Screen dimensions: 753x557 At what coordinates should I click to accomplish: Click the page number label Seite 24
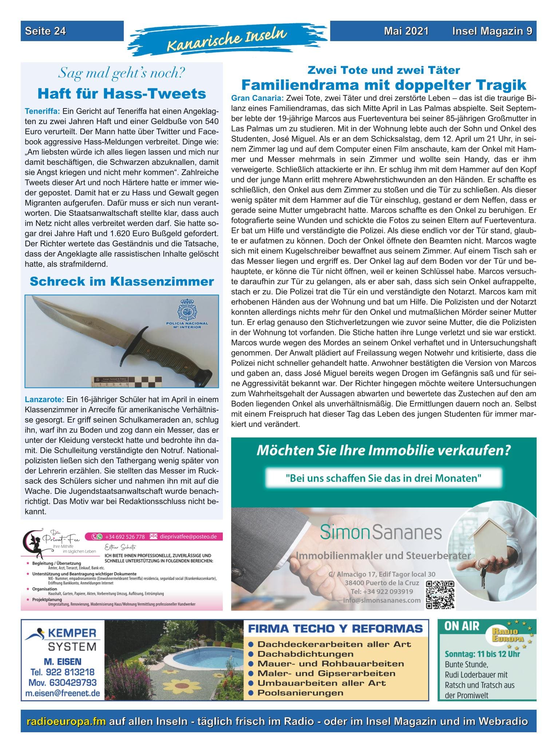[46, 31]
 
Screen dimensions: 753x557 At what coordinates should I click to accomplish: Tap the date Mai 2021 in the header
[406, 31]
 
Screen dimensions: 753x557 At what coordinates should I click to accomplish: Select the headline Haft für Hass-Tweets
[122, 94]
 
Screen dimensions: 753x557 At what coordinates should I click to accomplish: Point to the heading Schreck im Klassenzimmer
[122, 281]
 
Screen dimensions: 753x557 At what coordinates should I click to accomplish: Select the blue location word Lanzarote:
[44, 399]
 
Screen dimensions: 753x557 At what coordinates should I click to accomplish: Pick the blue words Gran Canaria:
[257, 98]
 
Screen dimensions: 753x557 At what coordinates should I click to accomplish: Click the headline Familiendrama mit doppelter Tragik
[384, 85]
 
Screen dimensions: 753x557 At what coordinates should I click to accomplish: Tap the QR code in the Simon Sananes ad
[440, 595]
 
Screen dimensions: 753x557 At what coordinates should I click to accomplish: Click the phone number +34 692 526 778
[121, 536]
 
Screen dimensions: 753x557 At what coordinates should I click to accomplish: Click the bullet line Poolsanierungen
[300, 693]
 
